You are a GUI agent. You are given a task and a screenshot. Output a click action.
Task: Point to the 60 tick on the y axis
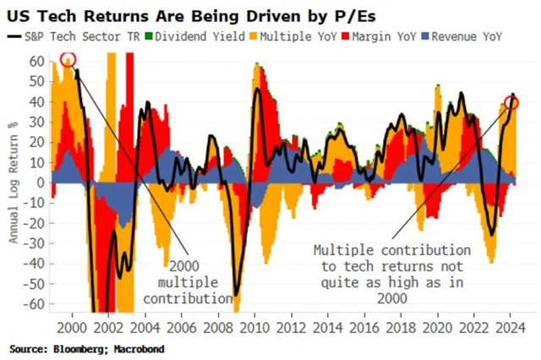point(37,61)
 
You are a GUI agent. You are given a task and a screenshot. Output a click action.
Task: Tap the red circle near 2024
point(511,103)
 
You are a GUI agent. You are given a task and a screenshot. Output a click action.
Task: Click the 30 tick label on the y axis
point(37,122)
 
